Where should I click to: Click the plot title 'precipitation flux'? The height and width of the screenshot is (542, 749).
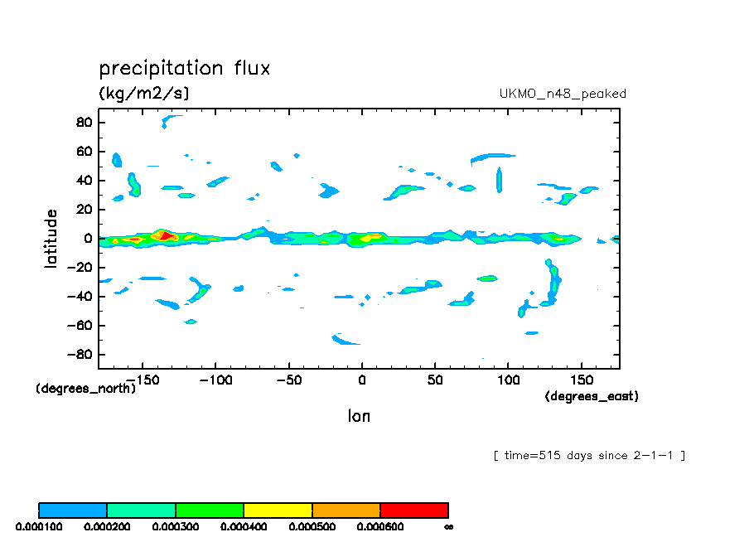click(185, 69)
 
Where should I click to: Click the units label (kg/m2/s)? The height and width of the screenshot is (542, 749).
click(144, 94)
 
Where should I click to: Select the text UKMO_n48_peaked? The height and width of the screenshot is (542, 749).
click(563, 94)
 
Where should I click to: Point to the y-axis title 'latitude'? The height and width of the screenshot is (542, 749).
click(51, 238)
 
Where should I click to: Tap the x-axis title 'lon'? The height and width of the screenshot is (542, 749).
click(359, 416)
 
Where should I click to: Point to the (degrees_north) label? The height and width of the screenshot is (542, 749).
click(85, 389)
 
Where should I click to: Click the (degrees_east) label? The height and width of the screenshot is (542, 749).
click(592, 397)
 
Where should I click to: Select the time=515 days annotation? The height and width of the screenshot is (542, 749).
click(589, 456)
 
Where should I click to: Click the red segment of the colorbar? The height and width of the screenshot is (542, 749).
click(414, 510)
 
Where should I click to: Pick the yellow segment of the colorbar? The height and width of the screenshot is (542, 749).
click(278, 510)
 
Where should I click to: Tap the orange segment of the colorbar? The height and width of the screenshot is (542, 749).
click(346, 510)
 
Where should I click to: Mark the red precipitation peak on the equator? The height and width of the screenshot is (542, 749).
click(165, 236)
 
